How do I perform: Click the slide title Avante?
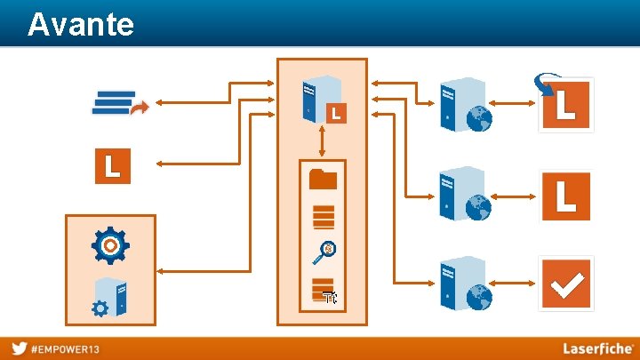coord(81,24)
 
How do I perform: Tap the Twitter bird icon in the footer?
coord(19,348)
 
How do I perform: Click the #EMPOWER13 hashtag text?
coord(66,349)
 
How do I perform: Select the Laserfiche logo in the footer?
coord(598,348)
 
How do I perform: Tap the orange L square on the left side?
coord(113,166)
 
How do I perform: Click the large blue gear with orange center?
coord(110,244)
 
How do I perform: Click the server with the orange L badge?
coord(321,100)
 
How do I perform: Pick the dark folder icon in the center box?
coord(323,180)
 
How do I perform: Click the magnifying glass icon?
coord(323,254)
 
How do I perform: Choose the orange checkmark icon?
coord(565,284)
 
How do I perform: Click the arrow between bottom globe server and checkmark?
coord(515,285)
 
